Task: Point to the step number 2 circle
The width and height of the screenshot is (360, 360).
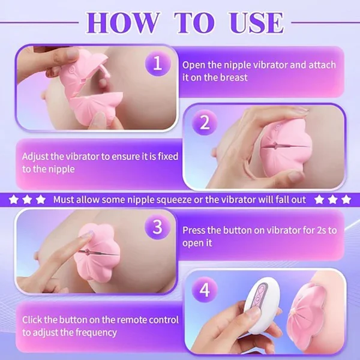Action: click(205, 124)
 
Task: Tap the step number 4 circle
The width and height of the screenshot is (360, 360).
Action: click(205, 291)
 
